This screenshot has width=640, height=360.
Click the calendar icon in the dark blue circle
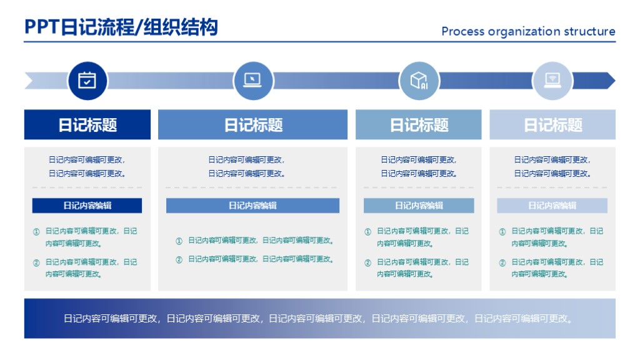(87, 81)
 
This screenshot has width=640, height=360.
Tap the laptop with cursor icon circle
(252, 81)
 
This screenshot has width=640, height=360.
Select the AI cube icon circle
(419, 81)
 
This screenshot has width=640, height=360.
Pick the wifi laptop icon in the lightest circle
(552, 81)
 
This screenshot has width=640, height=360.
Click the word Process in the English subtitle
(462, 31)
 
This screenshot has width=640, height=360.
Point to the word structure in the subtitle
(589, 31)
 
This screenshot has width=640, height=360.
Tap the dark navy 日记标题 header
(87, 124)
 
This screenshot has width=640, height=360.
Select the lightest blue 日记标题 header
(552, 124)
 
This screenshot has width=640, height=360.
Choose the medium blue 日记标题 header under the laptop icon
(253, 124)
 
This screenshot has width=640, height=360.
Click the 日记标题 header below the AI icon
(419, 124)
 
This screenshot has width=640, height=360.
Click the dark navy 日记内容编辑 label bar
(87, 206)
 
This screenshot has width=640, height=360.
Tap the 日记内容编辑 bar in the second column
(252, 206)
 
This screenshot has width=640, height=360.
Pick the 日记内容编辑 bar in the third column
(419, 206)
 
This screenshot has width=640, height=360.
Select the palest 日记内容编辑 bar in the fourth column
(552, 206)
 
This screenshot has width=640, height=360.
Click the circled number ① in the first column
(36, 232)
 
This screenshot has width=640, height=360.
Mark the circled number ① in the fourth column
(502, 232)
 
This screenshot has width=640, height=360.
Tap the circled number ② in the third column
(367, 263)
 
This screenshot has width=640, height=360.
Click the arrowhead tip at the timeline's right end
(612, 81)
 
